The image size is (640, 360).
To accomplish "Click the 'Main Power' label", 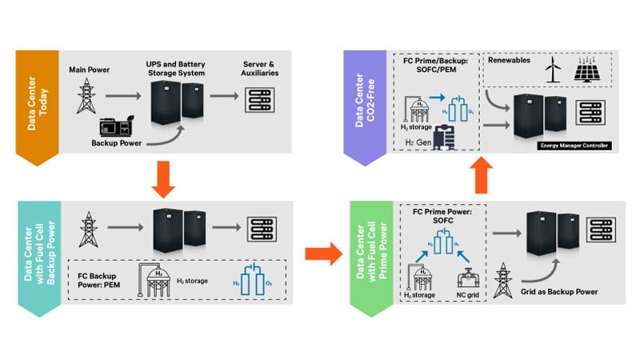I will pos(90,70).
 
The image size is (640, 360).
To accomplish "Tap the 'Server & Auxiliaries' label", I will pos(258,68).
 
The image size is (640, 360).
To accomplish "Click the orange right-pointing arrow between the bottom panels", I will pos(324,255).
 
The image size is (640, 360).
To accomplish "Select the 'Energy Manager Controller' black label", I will pos(573,145).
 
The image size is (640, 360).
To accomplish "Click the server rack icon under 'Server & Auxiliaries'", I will pos(259,99).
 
